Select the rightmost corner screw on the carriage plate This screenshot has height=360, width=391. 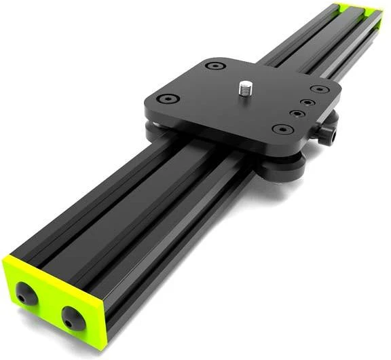click(316, 89)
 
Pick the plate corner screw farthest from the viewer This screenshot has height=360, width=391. click(216, 67)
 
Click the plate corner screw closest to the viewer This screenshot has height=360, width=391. click(280, 129)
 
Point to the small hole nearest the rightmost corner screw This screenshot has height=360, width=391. click(308, 102)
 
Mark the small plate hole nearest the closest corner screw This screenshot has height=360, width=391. click(297, 113)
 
